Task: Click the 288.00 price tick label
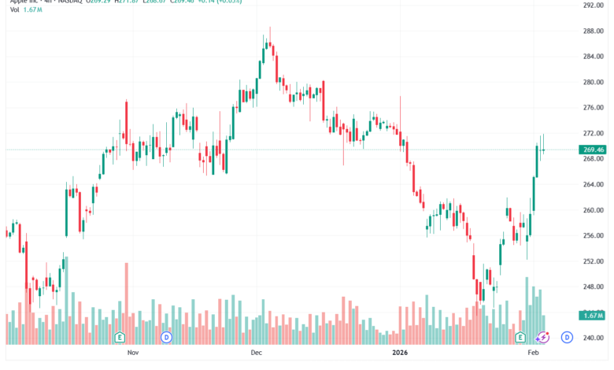593,31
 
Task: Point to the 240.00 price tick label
593,338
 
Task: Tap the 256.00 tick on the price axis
593,235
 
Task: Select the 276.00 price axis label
593,108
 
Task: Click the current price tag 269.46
593,150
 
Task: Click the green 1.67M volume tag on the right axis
593,315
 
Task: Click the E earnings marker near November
120,337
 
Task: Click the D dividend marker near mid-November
166,337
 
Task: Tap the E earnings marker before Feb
520,337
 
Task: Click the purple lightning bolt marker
542,337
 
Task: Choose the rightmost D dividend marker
566,337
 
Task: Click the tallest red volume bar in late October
126,303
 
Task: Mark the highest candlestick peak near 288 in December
270,28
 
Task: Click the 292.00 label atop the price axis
593,5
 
